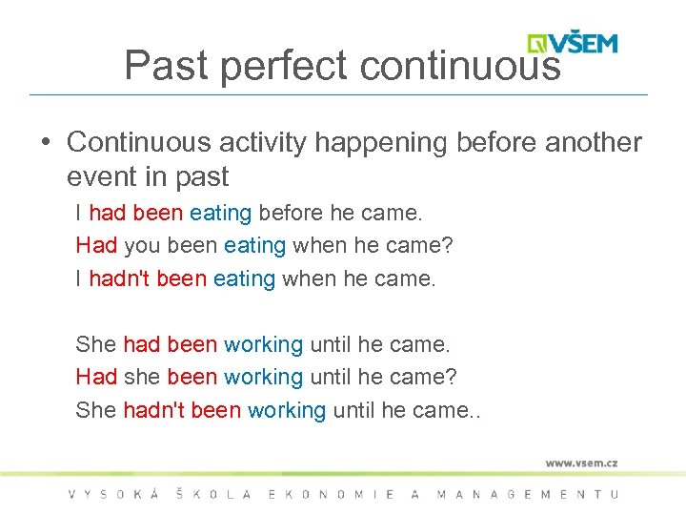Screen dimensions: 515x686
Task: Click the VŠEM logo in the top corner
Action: [x=573, y=43]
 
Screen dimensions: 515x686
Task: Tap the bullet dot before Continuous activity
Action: [x=45, y=143]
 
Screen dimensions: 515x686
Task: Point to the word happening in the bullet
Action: [x=381, y=142]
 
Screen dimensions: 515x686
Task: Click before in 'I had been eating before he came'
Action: [x=291, y=213]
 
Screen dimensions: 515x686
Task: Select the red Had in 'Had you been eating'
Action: [x=96, y=246]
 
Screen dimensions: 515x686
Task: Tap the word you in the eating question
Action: [x=142, y=246]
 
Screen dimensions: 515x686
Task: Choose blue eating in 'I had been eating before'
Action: [x=221, y=213]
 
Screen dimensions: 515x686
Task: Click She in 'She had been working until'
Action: [x=96, y=343]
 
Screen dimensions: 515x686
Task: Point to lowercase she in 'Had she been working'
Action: [x=142, y=377]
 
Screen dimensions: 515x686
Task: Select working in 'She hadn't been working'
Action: [x=287, y=410]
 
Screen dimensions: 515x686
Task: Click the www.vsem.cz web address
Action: [x=581, y=463]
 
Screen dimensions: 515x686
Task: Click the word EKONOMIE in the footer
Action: [x=333, y=494]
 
